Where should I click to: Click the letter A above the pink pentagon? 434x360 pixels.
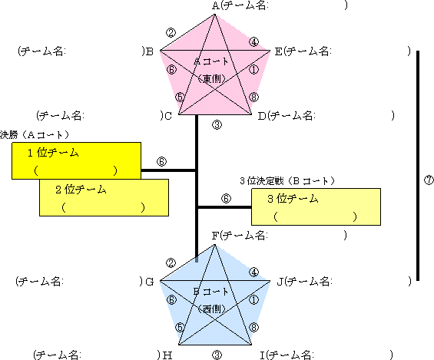216,5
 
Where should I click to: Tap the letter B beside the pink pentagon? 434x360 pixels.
150,51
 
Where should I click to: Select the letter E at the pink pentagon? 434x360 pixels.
278,51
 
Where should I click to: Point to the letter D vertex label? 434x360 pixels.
262,116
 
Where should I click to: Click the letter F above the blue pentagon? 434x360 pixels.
215,236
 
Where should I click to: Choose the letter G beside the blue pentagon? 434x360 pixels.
150,282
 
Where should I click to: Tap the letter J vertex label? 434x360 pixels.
280,282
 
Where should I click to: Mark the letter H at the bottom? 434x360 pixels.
167,355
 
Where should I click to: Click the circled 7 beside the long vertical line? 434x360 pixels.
429,180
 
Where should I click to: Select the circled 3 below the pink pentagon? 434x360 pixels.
217,125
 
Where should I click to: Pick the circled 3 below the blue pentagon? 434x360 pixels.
217,355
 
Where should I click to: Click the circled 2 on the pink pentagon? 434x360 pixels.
171,33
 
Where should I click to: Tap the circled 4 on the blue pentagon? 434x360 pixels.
253,272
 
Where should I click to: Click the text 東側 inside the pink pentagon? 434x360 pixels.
212,79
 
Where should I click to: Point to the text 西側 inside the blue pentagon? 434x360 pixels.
212,309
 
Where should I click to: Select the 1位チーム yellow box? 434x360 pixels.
76,160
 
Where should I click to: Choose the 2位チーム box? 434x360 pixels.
104,197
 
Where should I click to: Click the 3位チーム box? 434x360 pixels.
316,206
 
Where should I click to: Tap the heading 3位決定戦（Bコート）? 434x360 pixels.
287,181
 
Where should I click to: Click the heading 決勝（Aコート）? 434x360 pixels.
35,134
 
